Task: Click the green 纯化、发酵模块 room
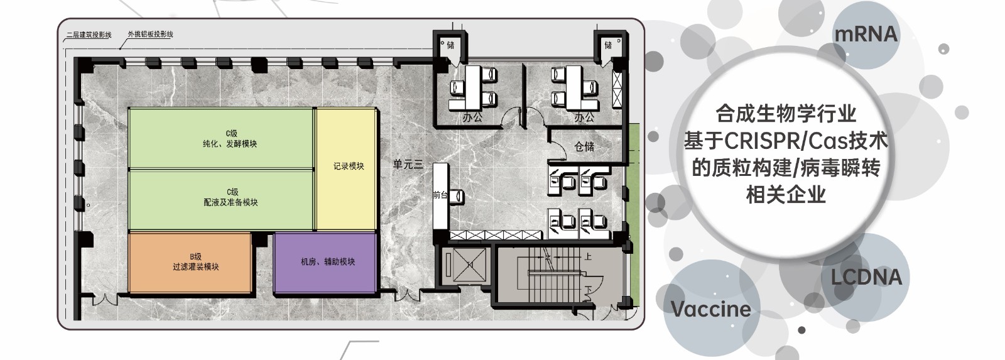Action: (220, 139)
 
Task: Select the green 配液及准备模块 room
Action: (220, 200)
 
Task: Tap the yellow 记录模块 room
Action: (347, 169)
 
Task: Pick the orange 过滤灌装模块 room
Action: (190, 263)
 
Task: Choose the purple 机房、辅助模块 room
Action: (325, 263)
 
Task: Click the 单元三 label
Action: (408, 164)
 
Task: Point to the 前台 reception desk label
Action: (440, 194)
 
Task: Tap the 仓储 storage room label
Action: (584, 146)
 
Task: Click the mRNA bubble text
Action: (866, 34)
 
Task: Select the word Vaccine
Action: (710, 309)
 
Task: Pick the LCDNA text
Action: (866, 278)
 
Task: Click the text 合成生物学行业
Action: (786, 114)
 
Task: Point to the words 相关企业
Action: (786, 195)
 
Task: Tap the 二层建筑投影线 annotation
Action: (89, 35)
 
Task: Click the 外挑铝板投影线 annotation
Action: (150, 34)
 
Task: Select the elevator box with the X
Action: (469, 265)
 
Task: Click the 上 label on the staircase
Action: (588, 257)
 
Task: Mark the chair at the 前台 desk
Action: (457, 196)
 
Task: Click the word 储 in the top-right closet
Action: (608, 45)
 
